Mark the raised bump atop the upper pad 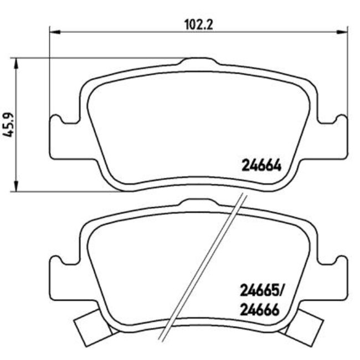[x=199, y=61]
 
